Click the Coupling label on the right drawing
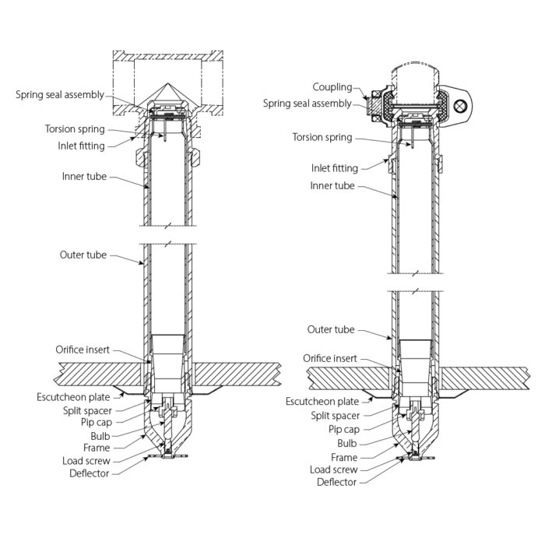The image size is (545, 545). click(332, 87)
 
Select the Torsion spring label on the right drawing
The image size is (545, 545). click(322, 138)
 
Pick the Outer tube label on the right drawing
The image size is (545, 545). click(332, 329)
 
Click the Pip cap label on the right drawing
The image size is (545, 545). click(343, 429)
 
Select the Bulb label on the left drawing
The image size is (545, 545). click(100, 435)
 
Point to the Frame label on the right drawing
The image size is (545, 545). click(344, 457)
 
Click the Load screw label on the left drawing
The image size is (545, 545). click(88, 460)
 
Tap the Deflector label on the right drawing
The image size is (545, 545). click(336, 482)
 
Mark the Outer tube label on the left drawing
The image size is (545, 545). click(84, 255)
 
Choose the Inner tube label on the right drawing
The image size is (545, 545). click(333, 185)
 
